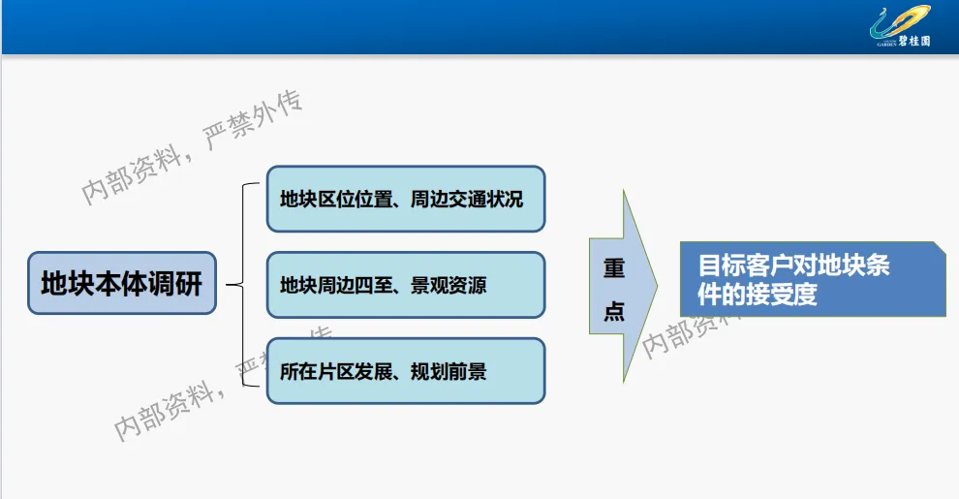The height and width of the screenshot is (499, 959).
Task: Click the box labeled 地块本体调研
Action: coord(121,284)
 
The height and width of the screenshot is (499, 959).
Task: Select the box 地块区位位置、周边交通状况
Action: coord(405,200)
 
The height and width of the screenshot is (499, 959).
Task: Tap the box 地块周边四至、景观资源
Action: coord(405,285)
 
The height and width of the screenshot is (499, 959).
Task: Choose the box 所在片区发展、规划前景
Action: coord(405,371)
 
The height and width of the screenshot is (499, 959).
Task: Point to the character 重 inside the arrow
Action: coord(614,268)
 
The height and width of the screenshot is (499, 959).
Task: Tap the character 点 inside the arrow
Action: coord(614,310)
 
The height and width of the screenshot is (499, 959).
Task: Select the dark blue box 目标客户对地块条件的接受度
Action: coord(812,279)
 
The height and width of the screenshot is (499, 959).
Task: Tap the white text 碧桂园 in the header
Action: coord(914,42)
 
